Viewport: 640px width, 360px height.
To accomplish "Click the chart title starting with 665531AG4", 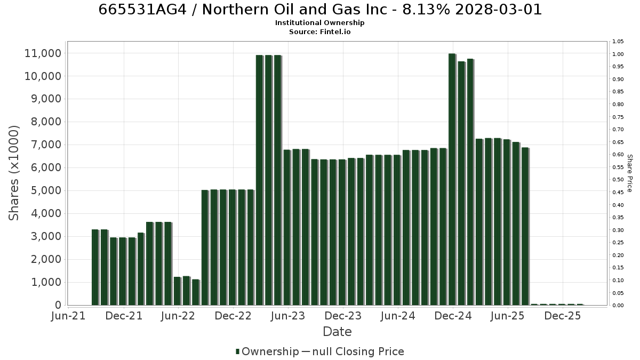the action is click(320, 10).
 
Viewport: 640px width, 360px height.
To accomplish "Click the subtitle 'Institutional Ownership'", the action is click(319, 23).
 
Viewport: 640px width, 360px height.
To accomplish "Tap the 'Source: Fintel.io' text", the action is click(319, 31).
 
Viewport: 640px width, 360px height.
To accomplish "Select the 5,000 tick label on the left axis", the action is click(46, 190).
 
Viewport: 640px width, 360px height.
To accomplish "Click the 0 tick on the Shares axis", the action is click(58, 305).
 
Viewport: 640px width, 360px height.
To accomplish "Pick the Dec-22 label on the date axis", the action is click(233, 316).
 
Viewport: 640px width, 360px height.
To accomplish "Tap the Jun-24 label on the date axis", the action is click(398, 316).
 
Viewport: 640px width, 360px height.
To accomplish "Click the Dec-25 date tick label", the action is click(563, 316).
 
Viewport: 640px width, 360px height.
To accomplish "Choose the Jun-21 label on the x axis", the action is click(68, 316).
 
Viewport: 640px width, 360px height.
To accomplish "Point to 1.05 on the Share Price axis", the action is click(618, 42).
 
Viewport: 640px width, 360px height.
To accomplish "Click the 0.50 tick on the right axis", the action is click(618, 180).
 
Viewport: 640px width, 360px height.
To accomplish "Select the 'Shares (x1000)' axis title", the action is click(13, 173).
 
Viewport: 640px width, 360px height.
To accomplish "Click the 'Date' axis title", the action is click(337, 332).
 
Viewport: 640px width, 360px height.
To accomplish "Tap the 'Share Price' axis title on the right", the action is click(630, 173).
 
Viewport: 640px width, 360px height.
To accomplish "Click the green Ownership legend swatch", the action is click(237, 351).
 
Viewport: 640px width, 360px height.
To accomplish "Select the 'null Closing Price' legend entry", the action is click(358, 351).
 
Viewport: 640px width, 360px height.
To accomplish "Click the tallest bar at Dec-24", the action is click(452, 179).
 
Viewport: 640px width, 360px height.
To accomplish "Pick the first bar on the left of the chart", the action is click(95, 267).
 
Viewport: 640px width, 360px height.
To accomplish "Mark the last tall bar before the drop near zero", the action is click(525, 227).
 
